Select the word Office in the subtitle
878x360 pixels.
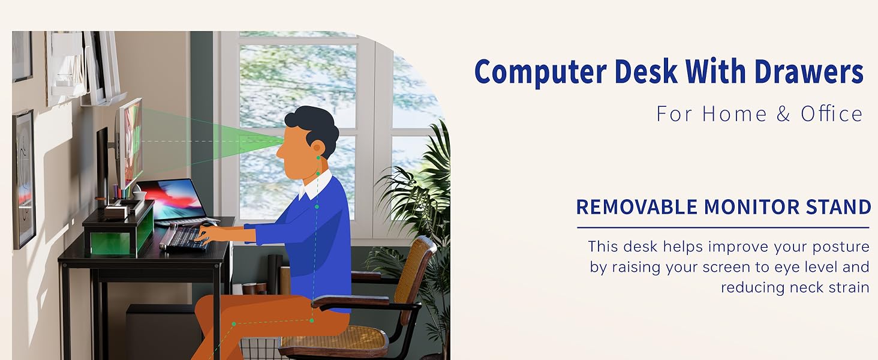[x=831, y=114]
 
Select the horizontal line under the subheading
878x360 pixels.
[x=723, y=227]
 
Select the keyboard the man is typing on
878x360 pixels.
[x=183, y=238]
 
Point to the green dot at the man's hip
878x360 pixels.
[x=312, y=320]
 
